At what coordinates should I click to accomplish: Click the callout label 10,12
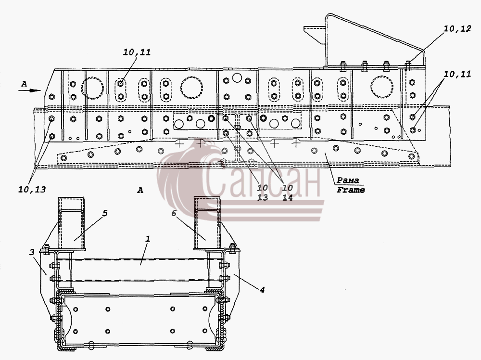(457, 29)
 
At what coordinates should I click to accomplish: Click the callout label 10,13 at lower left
(32, 190)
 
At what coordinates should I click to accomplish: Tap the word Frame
(351, 190)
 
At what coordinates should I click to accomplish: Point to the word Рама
(348, 180)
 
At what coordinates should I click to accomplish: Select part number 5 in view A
(105, 213)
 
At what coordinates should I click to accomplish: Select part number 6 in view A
(174, 213)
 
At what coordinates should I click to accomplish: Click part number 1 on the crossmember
(148, 239)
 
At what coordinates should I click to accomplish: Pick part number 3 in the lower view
(32, 252)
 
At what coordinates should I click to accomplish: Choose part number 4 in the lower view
(262, 290)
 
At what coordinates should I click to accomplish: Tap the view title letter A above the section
(140, 190)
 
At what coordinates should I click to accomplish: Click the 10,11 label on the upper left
(137, 52)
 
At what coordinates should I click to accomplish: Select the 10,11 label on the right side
(457, 74)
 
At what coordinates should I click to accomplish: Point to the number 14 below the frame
(288, 198)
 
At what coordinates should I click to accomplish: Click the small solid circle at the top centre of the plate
(237, 77)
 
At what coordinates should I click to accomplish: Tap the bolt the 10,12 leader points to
(408, 65)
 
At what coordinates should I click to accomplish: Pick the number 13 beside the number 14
(262, 198)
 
